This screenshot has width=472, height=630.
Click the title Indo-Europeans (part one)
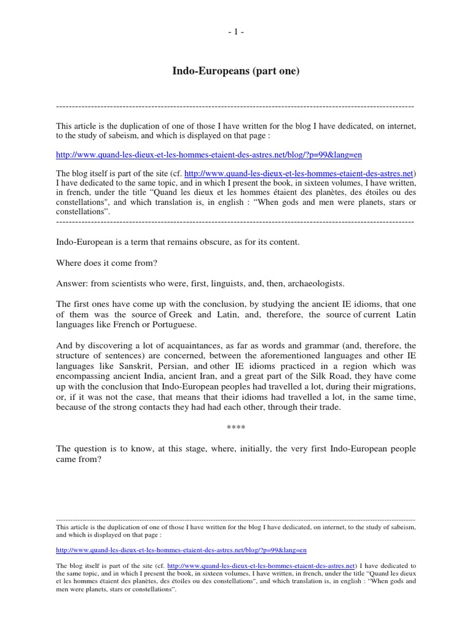(x=235, y=72)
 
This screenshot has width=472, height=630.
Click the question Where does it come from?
(x=107, y=263)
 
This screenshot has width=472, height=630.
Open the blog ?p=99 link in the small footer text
(x=181, y=550)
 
